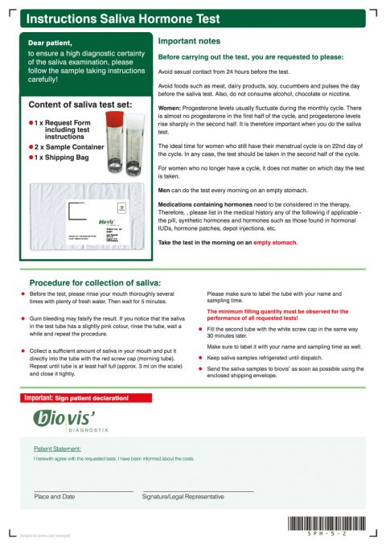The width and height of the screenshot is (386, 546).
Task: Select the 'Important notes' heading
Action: tap(188, 41)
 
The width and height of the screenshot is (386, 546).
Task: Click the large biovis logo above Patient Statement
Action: tap(64, 418)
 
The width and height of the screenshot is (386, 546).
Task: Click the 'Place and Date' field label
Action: tap(54, 497)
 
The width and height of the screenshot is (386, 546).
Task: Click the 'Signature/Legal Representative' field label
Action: tap(183, 497)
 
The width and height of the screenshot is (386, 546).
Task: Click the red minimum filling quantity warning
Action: tap(277, 314)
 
